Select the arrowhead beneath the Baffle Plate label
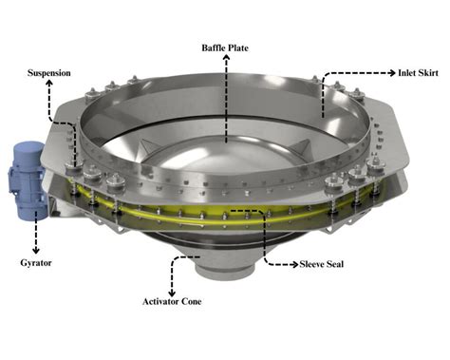[227, 58]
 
